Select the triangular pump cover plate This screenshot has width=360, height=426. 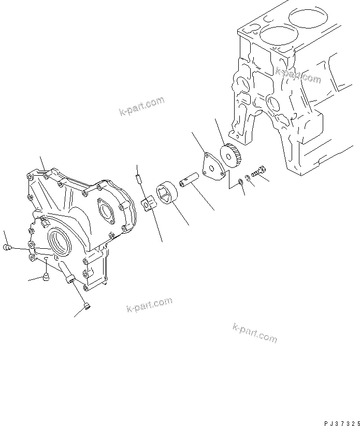pos(212,165)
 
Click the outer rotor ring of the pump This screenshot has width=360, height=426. pos(167,194)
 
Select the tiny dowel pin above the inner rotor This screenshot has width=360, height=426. pos(138,179)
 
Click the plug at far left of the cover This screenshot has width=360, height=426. pos(7,248)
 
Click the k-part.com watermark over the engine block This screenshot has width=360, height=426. pos(298,76)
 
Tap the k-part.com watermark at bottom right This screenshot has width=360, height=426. pos(255,332)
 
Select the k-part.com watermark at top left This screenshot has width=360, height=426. pos(141,106)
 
